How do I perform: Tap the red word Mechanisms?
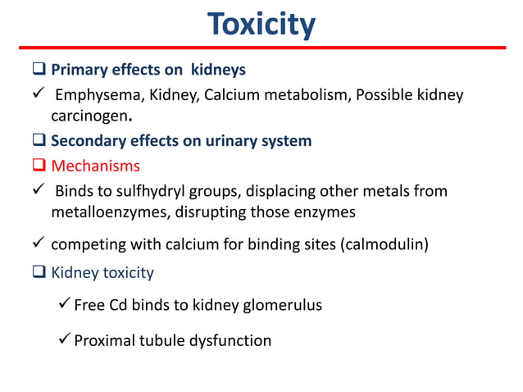pyautogui.click(x=96, y=166)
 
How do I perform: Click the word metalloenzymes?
pyautogui.click(x=109, y=212)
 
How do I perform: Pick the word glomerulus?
pyautogui.click(x=280, y=305)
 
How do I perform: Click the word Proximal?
pyautogui.click(x=105, y=340)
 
